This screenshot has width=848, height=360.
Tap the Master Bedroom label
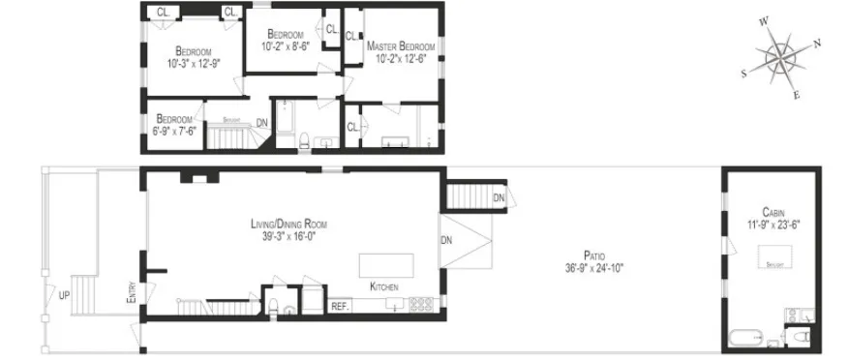point(400,45)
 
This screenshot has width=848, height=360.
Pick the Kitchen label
point(383,286)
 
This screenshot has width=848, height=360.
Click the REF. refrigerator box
point(340,306)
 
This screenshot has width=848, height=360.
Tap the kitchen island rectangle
point(386,264)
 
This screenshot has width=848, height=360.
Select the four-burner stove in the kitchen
point(422,304)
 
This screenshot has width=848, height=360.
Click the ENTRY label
point(132,293)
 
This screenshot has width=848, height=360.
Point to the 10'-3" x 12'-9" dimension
point(194,63)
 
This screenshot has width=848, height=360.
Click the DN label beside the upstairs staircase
point(261,123)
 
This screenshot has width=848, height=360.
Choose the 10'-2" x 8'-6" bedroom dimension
point(286,45)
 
